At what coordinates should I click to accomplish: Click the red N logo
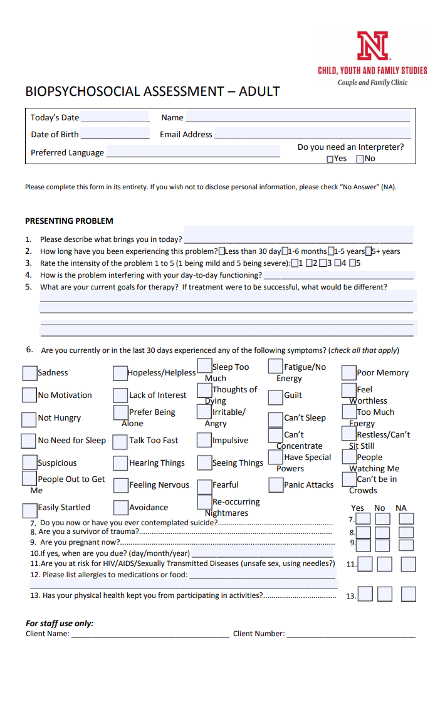372,47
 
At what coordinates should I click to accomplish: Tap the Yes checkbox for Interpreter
330,159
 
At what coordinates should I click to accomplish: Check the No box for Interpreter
360,159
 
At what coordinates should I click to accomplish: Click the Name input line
298,117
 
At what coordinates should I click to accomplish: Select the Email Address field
312,134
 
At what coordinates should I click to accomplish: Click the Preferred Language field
193,152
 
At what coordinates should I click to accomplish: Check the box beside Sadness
29,373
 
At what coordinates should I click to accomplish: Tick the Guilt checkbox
275,397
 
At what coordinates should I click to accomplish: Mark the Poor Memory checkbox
348,373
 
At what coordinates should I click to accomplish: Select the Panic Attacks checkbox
275,485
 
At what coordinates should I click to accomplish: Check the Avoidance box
120,508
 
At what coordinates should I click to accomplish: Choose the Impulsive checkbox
204,440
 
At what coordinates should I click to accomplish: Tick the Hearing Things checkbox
120,463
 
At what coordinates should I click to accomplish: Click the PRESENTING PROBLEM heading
69,221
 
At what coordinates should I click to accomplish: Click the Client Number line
351,634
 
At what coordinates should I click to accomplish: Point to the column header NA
401,508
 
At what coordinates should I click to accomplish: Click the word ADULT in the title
259,92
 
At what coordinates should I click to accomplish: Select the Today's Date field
115,117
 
